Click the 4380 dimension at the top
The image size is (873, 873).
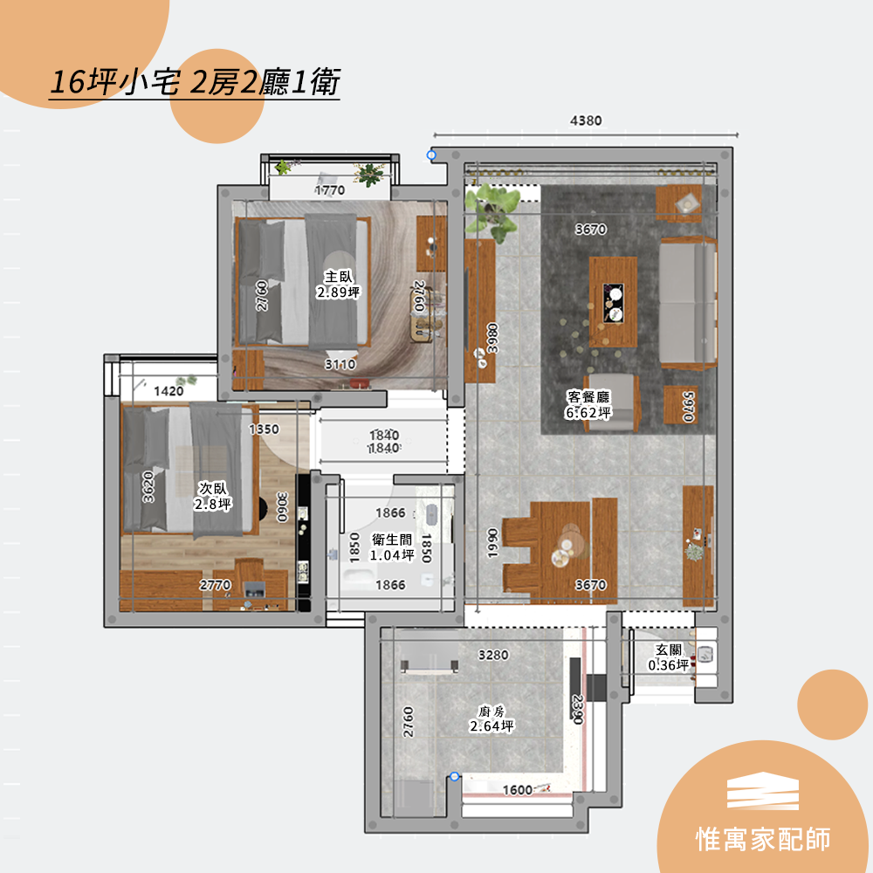point(586,120)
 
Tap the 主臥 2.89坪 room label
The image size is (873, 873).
point(339,285)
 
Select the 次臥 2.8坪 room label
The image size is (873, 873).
point(213,496)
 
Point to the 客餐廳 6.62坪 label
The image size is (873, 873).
point(588,405)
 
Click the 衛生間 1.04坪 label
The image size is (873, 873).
point(393,547)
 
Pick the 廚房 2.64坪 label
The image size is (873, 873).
point(491,718)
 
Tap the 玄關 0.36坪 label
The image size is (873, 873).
point(669,657)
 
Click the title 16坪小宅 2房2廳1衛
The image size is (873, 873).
point(195,82)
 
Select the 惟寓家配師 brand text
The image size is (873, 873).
point(763,839)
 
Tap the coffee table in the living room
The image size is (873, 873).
point(613,302)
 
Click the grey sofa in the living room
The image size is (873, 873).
point(688,304)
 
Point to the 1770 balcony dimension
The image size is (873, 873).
point(330,190)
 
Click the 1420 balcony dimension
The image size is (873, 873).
point(168,391)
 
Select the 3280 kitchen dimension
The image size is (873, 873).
point(493,655)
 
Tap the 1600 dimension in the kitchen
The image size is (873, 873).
point(518,790)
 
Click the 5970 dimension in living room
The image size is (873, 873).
point(688,407)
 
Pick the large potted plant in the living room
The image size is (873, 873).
point(492,211)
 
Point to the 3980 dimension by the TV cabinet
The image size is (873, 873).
point(492,338)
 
